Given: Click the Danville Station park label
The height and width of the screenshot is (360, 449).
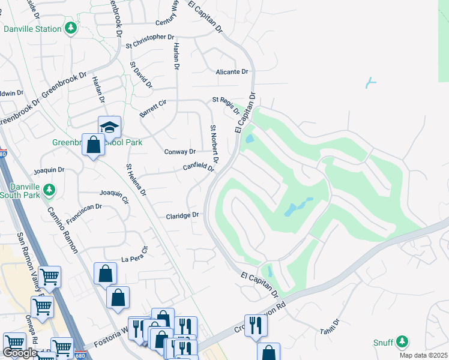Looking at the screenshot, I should point(32,29).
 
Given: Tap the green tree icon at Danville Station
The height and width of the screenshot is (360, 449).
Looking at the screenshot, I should point(71,28).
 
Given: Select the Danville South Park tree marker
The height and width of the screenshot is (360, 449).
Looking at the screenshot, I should point(49,190).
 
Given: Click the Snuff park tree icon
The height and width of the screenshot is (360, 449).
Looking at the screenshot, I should point(402,342).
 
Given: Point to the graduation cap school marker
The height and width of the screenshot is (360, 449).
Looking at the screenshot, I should point(110,127).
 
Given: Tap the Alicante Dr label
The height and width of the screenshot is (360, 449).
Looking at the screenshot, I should point(232,72).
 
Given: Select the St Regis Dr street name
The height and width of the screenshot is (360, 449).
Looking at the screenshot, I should point(226,104).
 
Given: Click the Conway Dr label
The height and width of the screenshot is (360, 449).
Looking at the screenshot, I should point(179,152).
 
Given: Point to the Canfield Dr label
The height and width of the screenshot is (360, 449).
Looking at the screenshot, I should point(198,168).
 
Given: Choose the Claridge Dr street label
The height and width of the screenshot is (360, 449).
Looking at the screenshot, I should point(182,215).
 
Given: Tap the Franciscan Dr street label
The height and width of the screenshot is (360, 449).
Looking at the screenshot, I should point(84,214).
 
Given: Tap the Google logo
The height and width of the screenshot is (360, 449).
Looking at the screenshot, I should point(20,353).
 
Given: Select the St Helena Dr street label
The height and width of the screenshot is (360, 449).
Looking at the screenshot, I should point(136,180).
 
